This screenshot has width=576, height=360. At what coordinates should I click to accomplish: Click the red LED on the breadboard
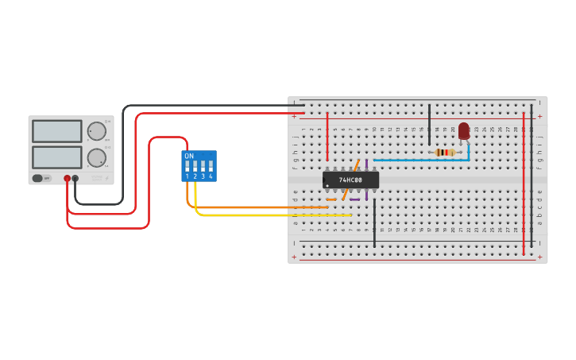(x=464, y=130)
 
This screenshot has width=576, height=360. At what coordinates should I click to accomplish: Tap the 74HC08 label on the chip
(x=350, y=180)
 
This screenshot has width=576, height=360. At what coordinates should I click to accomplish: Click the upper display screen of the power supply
(x=57, y=131)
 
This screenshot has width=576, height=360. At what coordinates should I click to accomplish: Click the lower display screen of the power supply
(x=57, y=157)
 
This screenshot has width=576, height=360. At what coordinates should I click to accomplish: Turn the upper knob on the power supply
(x=96, y=131)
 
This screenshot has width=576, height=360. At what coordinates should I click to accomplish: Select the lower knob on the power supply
(x=96, y=157)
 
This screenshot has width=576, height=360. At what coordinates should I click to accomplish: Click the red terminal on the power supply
(x=68, y=179)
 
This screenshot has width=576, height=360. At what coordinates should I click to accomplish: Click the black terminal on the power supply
(x=75, y=179)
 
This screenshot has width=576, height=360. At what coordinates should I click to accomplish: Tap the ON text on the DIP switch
(x=189, y=157)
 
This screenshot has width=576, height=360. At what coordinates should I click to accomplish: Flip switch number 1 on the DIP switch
(x=188, y=167)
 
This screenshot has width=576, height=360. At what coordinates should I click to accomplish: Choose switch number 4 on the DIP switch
(x=211, y=167)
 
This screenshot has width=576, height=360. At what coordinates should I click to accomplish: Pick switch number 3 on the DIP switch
(x=203, y=167)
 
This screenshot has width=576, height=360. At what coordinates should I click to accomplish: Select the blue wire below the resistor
(x=421, y=160)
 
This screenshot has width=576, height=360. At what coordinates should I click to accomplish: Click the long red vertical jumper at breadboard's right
(x=524, y=183)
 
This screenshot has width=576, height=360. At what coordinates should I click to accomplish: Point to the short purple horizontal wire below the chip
(x=354, y=199)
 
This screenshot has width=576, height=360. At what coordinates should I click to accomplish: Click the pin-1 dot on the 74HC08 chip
(x=327, y=186)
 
